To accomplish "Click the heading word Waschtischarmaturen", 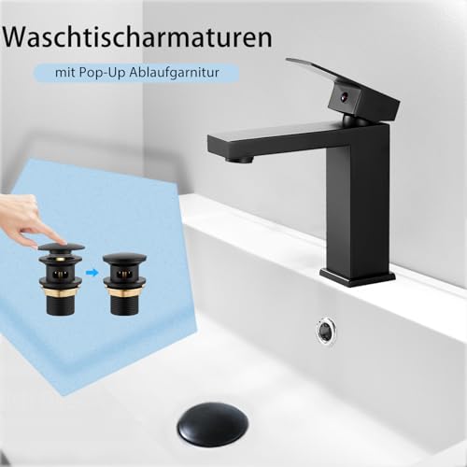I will (x=138, y=38).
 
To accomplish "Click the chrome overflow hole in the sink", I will (x=325, y=329).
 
